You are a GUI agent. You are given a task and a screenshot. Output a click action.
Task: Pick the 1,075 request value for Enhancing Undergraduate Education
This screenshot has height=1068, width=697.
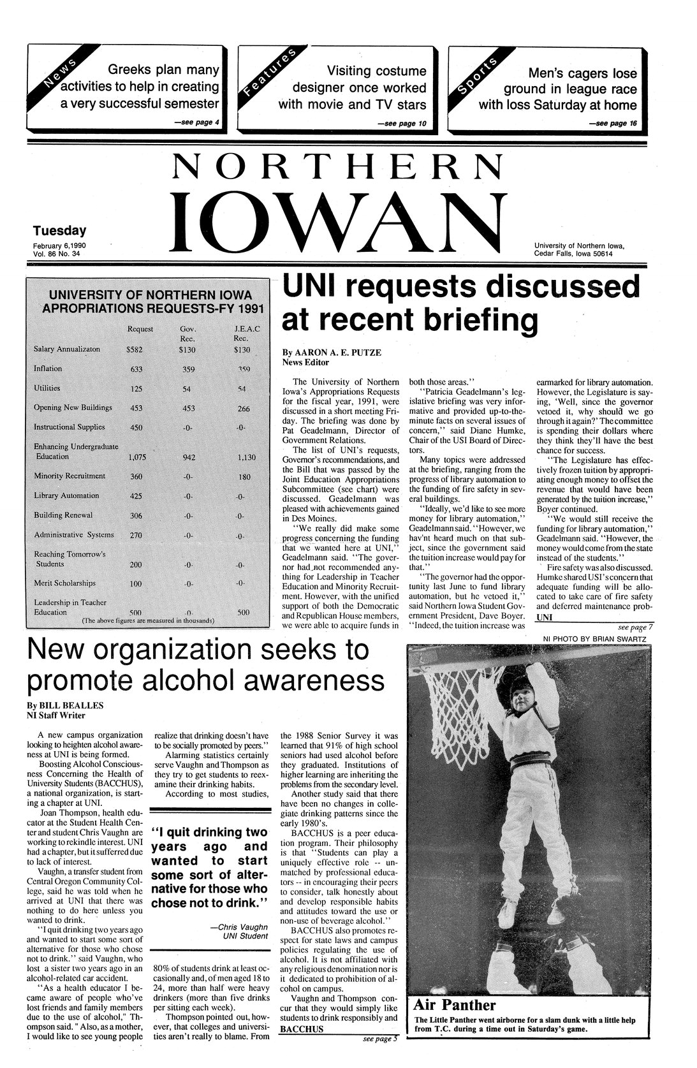pyautogui.click(x=137, y=457)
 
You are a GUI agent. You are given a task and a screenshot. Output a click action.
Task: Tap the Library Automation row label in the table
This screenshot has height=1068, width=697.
pyautogui.click(x=67, y=495)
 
